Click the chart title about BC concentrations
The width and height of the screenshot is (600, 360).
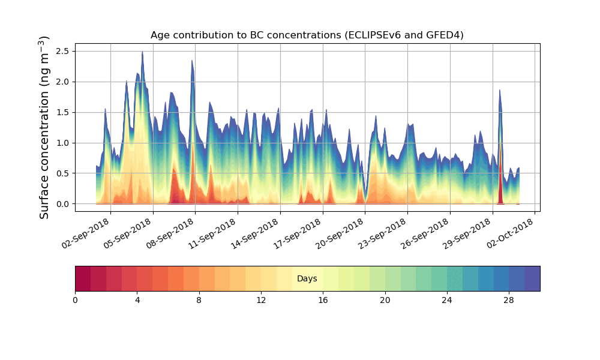(x=307, y=35)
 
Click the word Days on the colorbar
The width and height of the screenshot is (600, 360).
(x=307, y=279)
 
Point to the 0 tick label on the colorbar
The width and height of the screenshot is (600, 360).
(x=75, y=299)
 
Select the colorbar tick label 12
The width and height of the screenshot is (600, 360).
(x=261, y=299)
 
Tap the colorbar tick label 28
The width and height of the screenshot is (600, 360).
(x=509, y=299)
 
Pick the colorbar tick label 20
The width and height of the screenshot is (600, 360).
(x=385, y=299)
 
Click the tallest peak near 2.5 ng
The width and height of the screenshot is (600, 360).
(x=142, y=52)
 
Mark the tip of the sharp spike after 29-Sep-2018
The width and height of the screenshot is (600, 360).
(x=499, y=91)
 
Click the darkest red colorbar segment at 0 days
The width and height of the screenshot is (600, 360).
(x=83, y=279)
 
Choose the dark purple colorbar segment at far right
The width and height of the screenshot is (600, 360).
(x=532, y=279)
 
